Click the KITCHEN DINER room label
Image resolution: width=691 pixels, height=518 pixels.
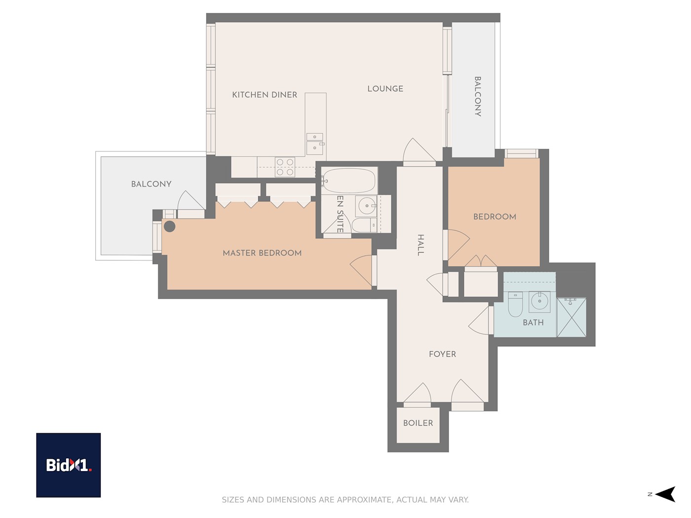click(x=265, y=95)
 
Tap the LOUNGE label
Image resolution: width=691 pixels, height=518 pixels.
click(x=385, y=89)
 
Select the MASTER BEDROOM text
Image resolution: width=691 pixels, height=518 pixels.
click(x=262, y=253)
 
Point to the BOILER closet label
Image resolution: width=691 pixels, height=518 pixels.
click(x=418, y=423)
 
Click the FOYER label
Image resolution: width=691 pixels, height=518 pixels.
click(x=442, y=354)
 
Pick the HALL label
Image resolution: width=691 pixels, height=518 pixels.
click(x=421, y=245)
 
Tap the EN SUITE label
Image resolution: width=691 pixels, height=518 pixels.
click(x=340, y=214)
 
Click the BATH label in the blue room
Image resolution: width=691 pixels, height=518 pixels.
click(x=533, y=323)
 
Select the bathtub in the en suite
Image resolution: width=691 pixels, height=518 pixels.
click(x=349, y=181)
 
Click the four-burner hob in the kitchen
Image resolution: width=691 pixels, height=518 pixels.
click(x=285, y=167)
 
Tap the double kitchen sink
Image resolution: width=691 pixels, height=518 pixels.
click(x=314, y=143)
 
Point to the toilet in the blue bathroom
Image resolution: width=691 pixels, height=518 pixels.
click(x=515, y=304)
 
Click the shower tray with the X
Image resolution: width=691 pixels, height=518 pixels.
click(x=572, y=317)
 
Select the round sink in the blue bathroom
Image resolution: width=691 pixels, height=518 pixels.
click(x=539, y=301)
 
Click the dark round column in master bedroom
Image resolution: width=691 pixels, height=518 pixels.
click(x=170, y=226)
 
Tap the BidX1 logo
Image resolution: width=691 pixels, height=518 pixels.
click(x=69, y=465)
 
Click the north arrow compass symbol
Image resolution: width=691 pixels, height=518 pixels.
click(x=665, y=494)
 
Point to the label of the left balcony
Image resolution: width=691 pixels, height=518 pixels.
click(x=151, y=184)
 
